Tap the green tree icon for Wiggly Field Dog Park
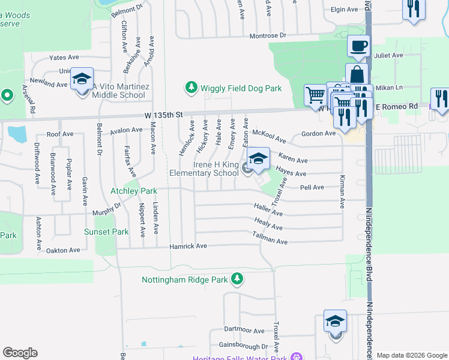coord(191,88)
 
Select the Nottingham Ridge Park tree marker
coord(238,279)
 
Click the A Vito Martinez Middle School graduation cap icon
coord(82,79)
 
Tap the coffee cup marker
coord(358,46)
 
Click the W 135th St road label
coord(158,114)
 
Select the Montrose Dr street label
coord(268,36)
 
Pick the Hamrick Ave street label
coord(188,246)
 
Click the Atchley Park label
coord(133,191)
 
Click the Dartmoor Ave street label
coord(244,330)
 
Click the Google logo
coord(20,353)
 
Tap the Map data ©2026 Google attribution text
coord(411,355)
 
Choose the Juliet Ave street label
coord(388,55)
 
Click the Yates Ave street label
coord(64,58)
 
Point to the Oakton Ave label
coord(59,250)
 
